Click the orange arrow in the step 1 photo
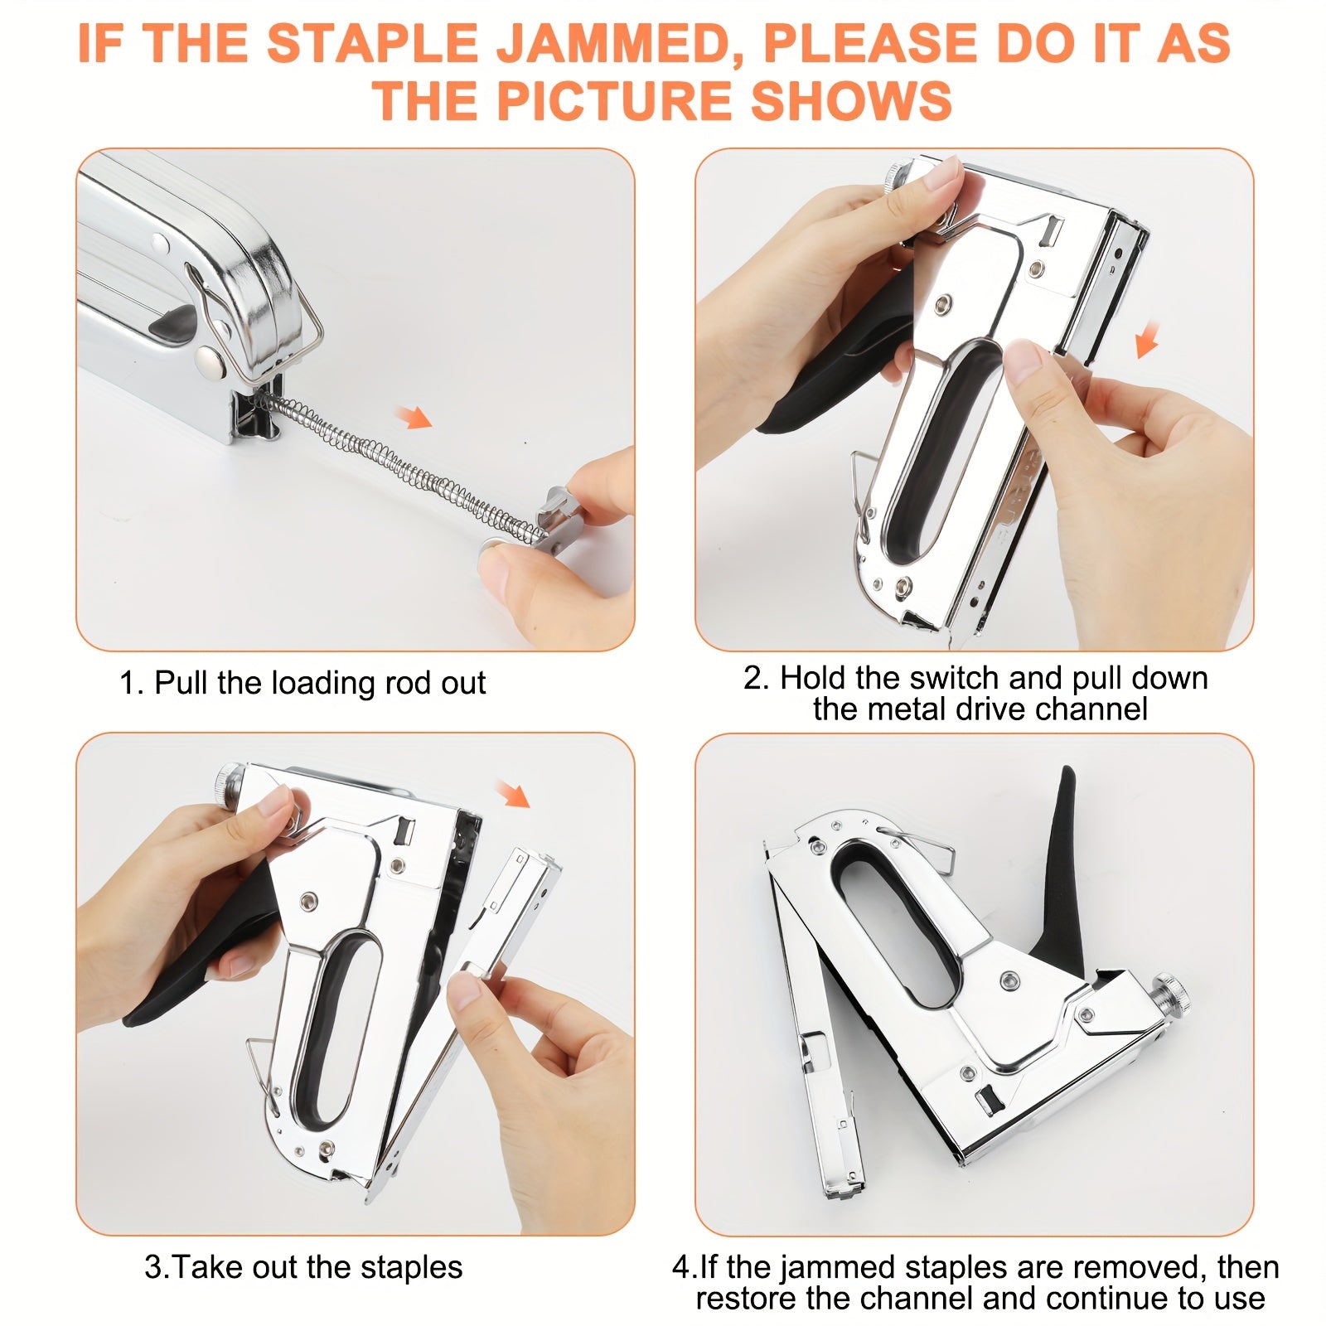pos(414,417)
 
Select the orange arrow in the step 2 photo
pos(1145,340)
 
